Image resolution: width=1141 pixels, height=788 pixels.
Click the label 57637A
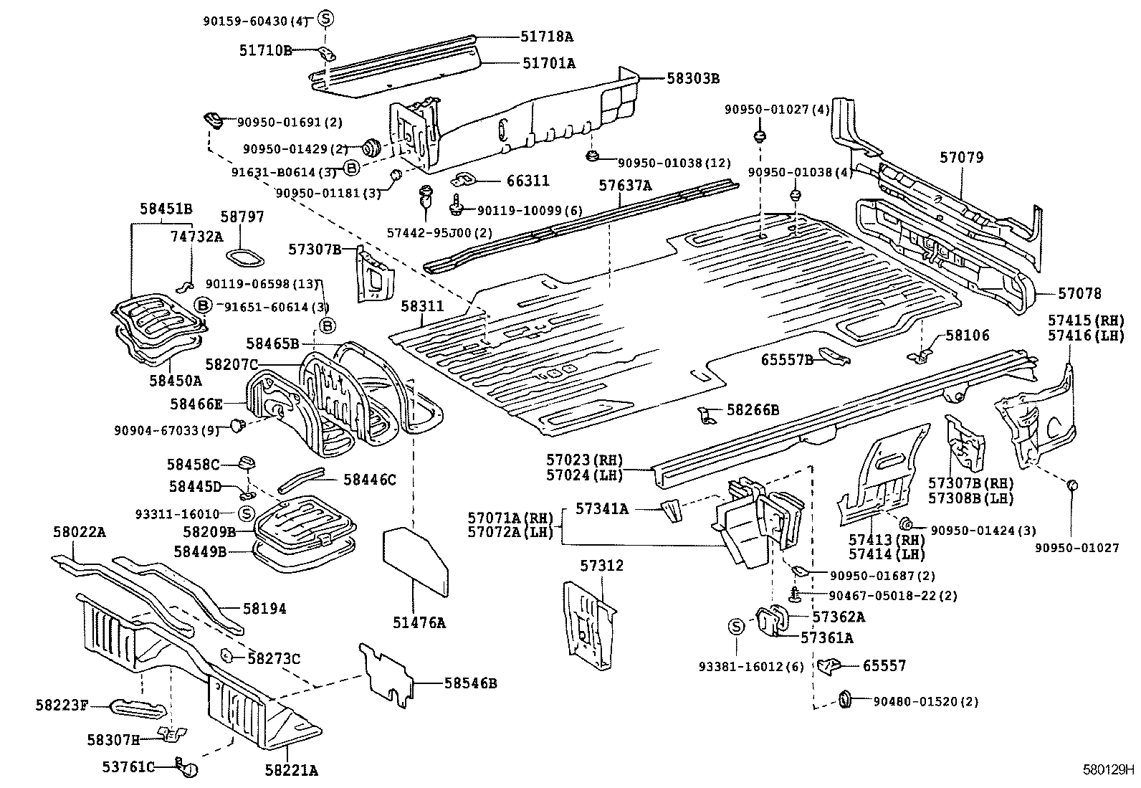pyautogui.click(x=626, y=186)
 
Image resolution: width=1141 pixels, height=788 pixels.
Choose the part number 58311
pyautogui.click(x=422, y=306)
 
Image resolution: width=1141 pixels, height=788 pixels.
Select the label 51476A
pyautogui.click(x=419, y=623)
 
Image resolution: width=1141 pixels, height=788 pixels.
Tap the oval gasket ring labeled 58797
pyautogui.click(x=244, y=257)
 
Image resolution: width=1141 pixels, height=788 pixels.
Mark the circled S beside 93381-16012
pyautogui.click(x=736, y=627)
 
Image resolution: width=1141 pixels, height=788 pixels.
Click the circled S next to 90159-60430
pyautogui.click(x=324, y=19)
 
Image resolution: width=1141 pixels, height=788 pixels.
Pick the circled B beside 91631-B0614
pyautogui.click(x=351, y=168)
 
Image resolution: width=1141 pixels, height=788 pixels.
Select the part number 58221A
pyautogui.click(x=291, y=770)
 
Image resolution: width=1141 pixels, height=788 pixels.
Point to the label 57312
pyautogui.click(x=602, y=566)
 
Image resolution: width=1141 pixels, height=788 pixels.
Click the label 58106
pyautogui.click(x=967, y=335)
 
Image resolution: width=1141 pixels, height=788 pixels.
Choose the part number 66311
pyautogui.click(x=527, y=181)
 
